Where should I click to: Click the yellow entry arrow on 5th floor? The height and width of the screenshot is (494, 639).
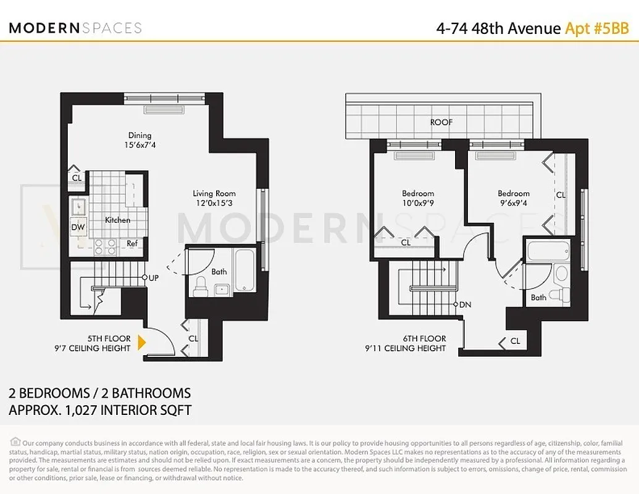click(x=142, y=343)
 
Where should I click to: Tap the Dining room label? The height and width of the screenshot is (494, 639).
click(x=140, y=135)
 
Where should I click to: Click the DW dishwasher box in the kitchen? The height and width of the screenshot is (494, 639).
click(x=78, y=227)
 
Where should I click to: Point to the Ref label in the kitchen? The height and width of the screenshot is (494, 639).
click(x=132, y=243)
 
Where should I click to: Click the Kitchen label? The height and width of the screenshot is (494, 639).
click(x=117, y=220)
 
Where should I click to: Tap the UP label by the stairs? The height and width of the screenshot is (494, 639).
click(x=154, y=278)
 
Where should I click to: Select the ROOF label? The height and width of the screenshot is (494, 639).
click(x=441, y=122)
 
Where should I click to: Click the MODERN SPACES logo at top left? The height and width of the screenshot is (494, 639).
click(x=75, y=28)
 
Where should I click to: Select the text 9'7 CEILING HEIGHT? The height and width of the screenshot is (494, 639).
click(x=93, y=348)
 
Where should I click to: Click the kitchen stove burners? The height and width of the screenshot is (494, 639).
click(x=105, y=247)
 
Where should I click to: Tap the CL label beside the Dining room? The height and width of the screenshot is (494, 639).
click(x=77, y=178)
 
